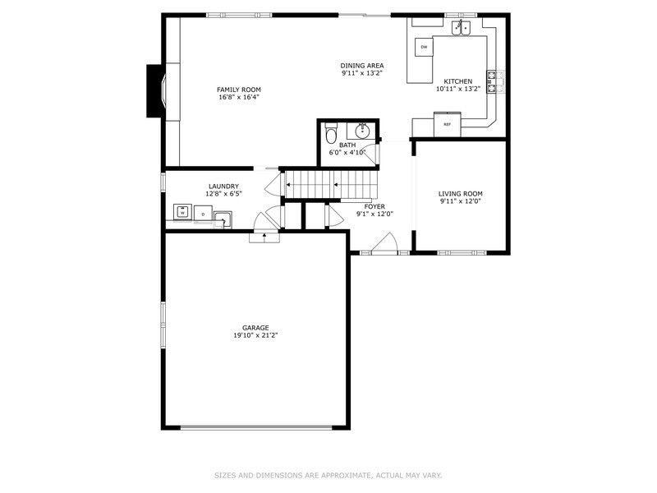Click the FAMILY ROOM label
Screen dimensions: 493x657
pos(238,89)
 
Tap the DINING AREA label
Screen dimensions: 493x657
pos(362,66)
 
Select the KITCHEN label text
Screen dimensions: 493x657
pos(458,81)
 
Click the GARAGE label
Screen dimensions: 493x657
pos(255,328)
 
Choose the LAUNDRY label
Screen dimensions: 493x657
pos(223,187)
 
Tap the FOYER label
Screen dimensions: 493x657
pos(374,206)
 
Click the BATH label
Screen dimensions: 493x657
pos(347,145)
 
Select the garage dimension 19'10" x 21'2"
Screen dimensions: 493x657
pos(255,335)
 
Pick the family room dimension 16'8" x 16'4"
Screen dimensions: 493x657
pos(238,97)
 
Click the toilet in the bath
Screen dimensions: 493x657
pos(331,133)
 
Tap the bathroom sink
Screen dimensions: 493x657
pos(362,130)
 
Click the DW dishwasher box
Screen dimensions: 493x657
pos(424,47)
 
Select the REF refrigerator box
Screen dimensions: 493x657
pos(448,124)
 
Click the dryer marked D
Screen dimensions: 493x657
pos(202,214)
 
